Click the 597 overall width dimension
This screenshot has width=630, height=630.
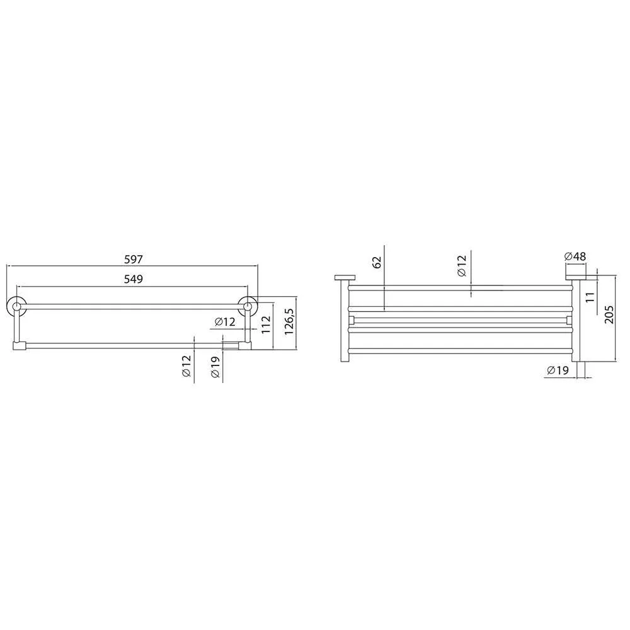coord(133,259)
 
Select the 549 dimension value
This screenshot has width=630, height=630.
coord(133,279)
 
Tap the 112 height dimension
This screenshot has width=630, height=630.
coord(266,324)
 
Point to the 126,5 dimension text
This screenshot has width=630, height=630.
coord(289,321)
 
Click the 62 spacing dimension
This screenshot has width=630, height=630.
coord(377,262)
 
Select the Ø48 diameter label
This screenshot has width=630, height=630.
coord(575,256)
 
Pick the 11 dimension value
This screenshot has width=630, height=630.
coord(590,297)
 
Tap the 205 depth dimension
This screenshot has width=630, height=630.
coord(609,314)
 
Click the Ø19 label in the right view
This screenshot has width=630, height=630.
coord(558,370)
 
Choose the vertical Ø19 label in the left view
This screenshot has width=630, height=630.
coord(215,367)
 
